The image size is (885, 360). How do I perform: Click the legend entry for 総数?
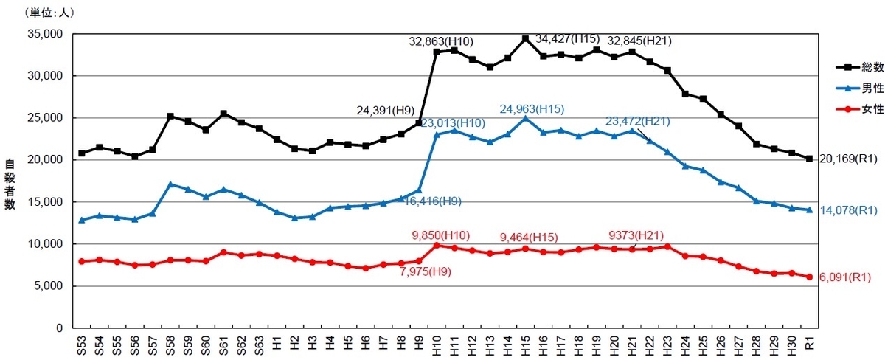coord(860,67)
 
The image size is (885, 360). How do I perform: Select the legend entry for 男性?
coord(860,88)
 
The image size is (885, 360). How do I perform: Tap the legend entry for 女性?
coord(860,108)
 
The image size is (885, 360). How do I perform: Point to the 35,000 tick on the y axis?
coord(45,34)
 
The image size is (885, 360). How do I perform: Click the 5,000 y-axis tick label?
coord(48,285)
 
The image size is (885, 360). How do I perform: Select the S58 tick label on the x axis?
coord(170,345)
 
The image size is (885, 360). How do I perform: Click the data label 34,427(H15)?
coord(567,38)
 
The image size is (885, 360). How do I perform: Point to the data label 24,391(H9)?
coord(385,110)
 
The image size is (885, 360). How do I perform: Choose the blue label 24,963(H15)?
coord(532,109)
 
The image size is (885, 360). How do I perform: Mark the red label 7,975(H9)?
coord(425,272)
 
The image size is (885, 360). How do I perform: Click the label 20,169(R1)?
coord(848,159)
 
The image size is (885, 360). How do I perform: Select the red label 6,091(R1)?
coord(844,277)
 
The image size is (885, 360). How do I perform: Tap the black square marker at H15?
coord(525,38)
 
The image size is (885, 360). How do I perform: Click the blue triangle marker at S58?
coord(170,184)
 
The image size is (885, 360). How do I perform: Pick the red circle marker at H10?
coord(437,246)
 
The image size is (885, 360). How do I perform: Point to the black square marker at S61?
coord(223,114)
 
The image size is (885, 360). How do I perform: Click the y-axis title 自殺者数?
coord(10,184)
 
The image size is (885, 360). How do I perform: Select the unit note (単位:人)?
coord(49,13)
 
